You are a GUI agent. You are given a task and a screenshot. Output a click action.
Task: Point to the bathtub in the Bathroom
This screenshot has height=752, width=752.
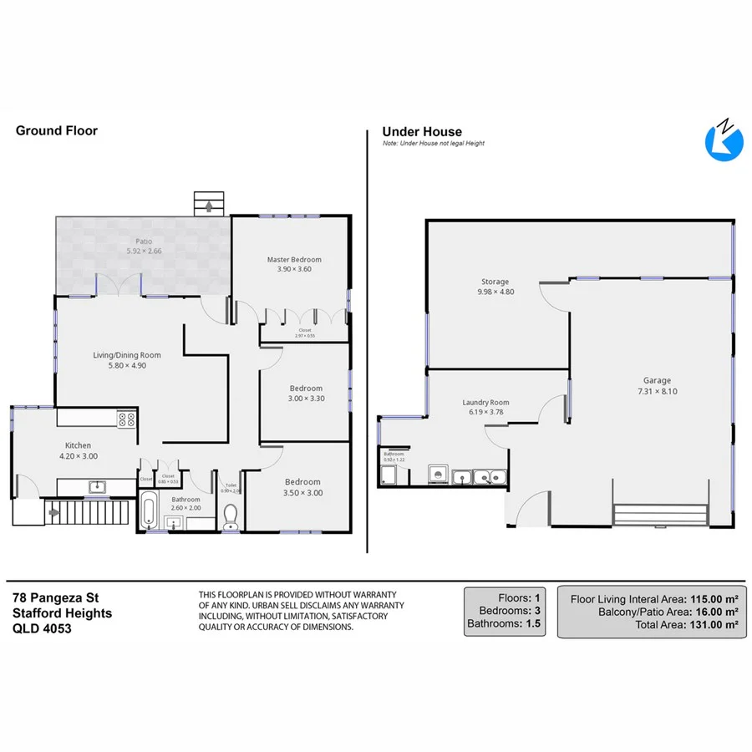(149, 511)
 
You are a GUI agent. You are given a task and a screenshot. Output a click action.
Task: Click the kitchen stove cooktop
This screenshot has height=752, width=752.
(127, 419)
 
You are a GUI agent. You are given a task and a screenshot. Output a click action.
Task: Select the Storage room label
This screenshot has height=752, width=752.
(493, 282)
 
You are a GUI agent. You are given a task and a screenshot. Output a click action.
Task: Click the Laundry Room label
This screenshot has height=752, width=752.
(485, 402)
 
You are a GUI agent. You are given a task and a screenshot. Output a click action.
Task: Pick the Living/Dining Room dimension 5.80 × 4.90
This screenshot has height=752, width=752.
(126, 365)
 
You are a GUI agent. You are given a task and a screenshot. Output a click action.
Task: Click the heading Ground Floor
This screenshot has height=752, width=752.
(57, 130)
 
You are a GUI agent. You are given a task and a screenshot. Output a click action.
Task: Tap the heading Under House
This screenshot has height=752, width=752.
(422, 131)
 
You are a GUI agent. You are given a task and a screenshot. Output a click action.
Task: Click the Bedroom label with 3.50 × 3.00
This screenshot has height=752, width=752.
(302, 481)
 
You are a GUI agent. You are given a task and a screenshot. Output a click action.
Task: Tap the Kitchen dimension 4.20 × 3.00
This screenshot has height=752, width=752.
(79, 456)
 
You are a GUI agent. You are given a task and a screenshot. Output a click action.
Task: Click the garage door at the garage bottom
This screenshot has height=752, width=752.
(661, 512)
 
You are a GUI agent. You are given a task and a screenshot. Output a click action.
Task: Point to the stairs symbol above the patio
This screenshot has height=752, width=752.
(209, 203)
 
